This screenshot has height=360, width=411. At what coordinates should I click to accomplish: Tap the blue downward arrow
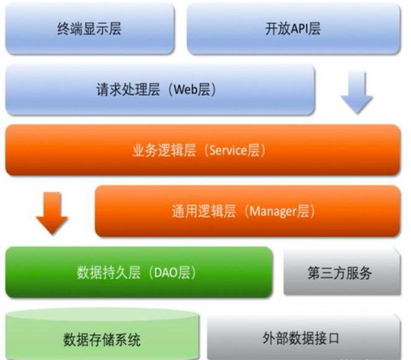(x=357, y=91)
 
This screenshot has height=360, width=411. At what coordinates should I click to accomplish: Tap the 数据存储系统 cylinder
(x=102, y=335)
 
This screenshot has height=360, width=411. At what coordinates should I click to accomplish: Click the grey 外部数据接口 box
(x=303, y=337)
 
